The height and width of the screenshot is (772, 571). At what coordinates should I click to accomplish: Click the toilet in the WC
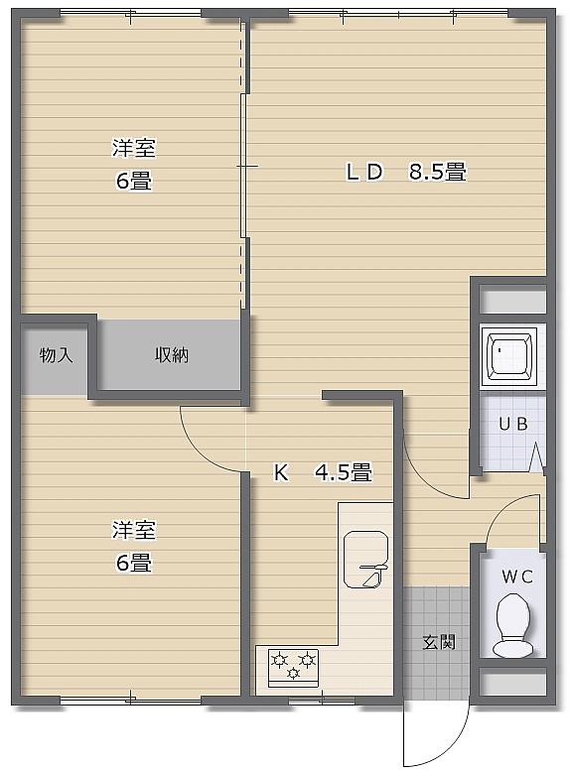click(513, 625)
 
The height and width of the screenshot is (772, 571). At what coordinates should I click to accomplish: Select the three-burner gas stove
click(293, 668)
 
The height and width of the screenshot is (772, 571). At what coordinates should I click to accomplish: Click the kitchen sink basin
click(365, 560)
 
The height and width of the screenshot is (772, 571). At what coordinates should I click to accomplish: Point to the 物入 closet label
click(56, 354)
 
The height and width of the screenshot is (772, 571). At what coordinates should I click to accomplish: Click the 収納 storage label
click(172, 354)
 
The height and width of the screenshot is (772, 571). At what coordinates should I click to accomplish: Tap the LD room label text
click(364, 173)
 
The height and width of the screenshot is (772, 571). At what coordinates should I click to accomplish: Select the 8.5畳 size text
click(438, 173)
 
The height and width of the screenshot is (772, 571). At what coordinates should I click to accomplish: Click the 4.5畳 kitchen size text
click(344, 472)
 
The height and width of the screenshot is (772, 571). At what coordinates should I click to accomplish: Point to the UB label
click(513, 424)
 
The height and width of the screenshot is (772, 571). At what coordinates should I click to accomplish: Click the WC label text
click(517, 577)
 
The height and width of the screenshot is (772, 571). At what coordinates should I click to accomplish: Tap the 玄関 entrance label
click(439, 642)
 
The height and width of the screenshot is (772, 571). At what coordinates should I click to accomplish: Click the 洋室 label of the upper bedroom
click(134, 148)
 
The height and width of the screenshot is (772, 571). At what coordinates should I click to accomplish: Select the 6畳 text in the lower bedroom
click(134, 563)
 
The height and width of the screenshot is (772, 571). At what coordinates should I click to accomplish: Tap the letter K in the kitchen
click(281, 472)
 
